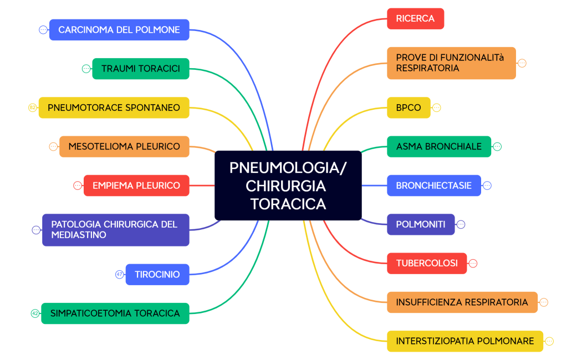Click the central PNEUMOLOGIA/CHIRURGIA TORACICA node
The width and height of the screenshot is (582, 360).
click(x=288, y=186)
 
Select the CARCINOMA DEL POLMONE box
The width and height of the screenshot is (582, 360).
click(x=119, y=30)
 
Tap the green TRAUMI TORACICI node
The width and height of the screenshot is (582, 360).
click(x=141, y=69)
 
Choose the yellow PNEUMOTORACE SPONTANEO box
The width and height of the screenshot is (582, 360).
click(x=114, y=107)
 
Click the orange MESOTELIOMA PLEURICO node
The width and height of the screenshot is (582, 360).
click(x=124, y=147)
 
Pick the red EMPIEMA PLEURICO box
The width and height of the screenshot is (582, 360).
click(x=136, y=186)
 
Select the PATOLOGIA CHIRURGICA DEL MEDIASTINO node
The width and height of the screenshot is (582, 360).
click(x=115, y=230)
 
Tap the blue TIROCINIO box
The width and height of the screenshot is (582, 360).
click(x=157, y=275)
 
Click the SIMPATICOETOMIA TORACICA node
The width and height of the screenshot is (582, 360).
click(x=115, y=313)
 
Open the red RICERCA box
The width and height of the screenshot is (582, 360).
click(x=415, y=18)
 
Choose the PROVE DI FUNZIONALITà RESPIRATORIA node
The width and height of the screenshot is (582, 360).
click(x=451, y=63)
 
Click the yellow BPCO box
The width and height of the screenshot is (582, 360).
click(x=409, y=107)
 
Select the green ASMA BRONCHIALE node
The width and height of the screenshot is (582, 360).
click(x=439, y=147)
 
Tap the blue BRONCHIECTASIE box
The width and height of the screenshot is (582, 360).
click(x=434, y=186)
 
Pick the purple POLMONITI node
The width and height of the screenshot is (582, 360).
click(x=421, y=224)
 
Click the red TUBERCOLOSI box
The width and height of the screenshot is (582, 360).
click(x=427, y=263)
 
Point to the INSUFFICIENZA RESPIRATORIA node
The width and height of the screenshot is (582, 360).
click(x=462, y=302)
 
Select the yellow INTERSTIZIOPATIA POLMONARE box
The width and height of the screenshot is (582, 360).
click(x=465, y=341)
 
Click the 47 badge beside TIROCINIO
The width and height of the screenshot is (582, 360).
click(x=119, y=274)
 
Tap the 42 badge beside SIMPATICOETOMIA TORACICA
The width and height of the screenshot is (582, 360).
click(x=35, y=313)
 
